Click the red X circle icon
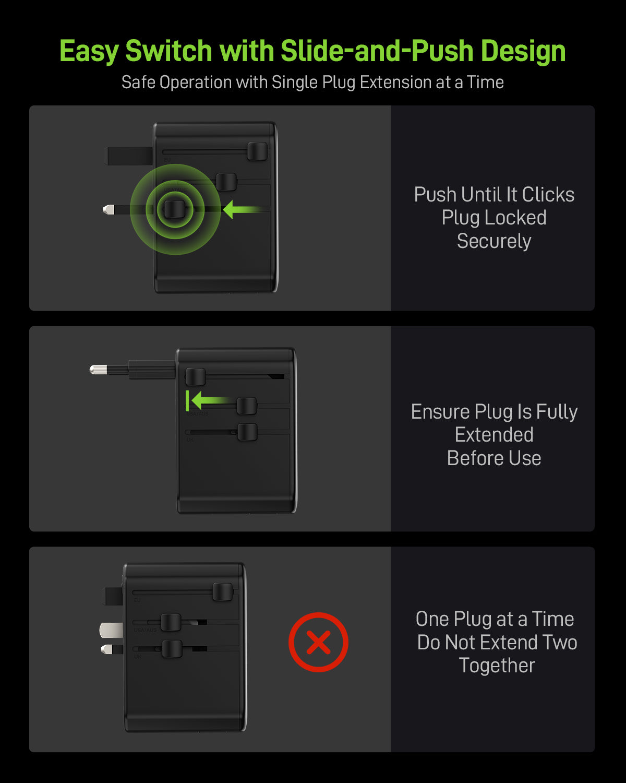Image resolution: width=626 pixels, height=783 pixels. click(x=318, y=642)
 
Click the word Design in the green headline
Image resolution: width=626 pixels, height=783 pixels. click(x=523, y=51)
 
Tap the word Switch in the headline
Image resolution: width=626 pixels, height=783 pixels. click(x=169, y=51)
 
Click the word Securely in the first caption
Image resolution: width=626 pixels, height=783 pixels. click(x=494, y=241)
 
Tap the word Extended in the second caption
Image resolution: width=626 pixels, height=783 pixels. click(x=494, y=435)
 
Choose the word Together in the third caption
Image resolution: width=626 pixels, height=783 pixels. click(x=497, y=666)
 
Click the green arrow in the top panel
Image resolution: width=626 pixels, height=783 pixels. click(x=243, y=210)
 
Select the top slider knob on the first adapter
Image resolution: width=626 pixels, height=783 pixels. click(x=257, y=151)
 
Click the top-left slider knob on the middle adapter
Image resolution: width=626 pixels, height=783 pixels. click(x=196, y=377)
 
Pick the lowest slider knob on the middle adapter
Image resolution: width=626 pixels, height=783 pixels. click(x=247, y=432)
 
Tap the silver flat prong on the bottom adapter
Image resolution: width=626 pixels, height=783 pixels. click(x=111, y=631)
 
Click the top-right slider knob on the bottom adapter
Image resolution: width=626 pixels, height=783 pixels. click(x=223, y=592)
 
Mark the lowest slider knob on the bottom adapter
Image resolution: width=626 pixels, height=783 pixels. click(x=172, y=649)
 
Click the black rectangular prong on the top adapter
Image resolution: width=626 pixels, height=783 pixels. click(x=129, y=156)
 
